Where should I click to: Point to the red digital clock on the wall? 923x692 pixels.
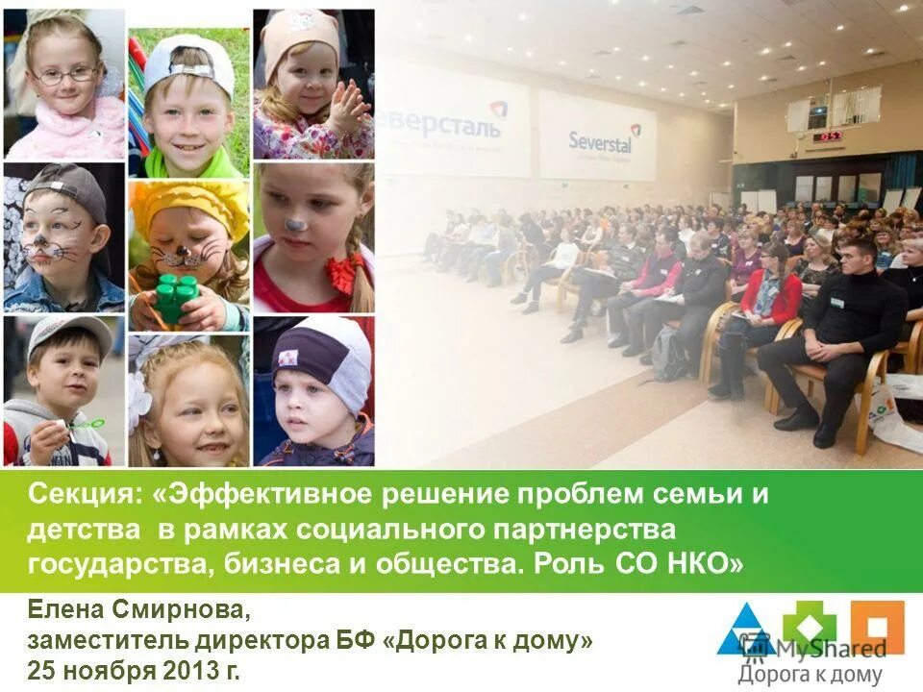pos(829,136)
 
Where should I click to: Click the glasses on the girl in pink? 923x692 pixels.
pos(64,74)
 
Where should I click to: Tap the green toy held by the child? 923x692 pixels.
pos(176,297)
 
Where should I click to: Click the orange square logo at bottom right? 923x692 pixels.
pos(877,627)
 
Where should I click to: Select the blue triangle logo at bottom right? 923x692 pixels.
pos(743,630)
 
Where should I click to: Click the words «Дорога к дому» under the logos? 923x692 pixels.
pos(810,675)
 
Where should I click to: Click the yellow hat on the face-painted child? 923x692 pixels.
pos(188,204)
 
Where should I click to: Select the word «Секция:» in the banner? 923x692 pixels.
pos(86,496)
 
